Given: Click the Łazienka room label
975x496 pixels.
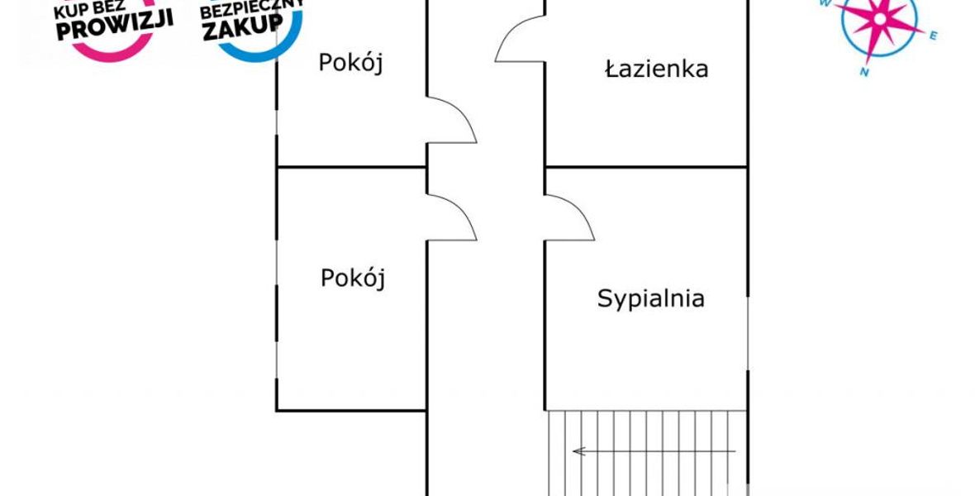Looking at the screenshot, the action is [x=657, y=69].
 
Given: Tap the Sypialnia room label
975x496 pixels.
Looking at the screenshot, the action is [x=651, y=298].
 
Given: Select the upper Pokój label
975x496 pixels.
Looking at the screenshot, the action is [x=350, y=63].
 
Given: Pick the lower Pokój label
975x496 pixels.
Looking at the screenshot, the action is [x=353, y=278].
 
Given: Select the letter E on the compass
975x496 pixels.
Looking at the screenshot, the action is [x=933, y=36].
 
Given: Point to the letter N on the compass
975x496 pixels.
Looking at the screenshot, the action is [x=864, y=72].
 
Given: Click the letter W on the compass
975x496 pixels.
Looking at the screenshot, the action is [x=825, y=3].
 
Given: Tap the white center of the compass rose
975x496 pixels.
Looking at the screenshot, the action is [x=880, y=19].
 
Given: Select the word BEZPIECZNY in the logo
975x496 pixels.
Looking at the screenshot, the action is [x=252, y=7].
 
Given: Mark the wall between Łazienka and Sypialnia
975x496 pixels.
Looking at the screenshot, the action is [x=646, y=167].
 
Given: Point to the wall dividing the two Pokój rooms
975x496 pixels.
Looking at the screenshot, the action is [x=351, y=167].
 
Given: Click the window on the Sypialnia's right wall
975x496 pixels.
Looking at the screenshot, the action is [x=748, y=333].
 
